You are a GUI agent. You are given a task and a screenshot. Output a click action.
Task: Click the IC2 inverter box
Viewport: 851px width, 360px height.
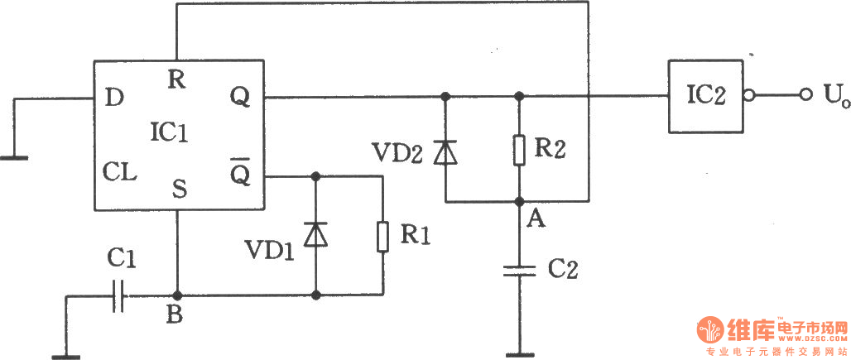[x=705, y=96]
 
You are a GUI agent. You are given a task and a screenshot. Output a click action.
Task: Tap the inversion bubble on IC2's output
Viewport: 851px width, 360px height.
[x=749, y=96]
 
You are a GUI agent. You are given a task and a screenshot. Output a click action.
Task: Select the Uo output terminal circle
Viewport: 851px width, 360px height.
[x=806, y=96]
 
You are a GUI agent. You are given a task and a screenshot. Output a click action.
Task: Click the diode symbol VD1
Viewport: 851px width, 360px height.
[x=315, y=235]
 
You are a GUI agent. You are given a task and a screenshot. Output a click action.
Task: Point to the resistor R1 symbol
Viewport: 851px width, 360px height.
[x=382, y=237]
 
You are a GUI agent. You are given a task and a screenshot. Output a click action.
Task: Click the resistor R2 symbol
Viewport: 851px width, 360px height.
[x=519, y=150]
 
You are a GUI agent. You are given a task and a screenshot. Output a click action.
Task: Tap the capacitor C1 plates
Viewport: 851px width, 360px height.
[x=118, y=296]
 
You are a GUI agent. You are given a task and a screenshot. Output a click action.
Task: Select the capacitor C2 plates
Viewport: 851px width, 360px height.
[x=519, y=271]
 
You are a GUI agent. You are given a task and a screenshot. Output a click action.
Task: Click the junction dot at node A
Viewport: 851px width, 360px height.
[x=519, y=202]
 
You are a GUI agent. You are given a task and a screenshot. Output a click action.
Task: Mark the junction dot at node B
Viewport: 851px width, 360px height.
[x=175, y=295]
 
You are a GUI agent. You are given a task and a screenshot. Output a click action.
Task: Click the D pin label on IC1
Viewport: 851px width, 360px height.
[x=114, y=98]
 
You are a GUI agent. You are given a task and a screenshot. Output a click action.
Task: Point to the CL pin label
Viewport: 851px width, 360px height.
[x=120, y=174]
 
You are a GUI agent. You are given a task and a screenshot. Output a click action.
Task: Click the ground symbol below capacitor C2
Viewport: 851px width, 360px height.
[x=519, y=356]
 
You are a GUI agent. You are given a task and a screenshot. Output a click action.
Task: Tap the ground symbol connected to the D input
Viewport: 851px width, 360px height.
[x=14, y=158]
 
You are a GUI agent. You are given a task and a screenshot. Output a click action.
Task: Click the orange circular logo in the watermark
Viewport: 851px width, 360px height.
[x=710, y=329]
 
